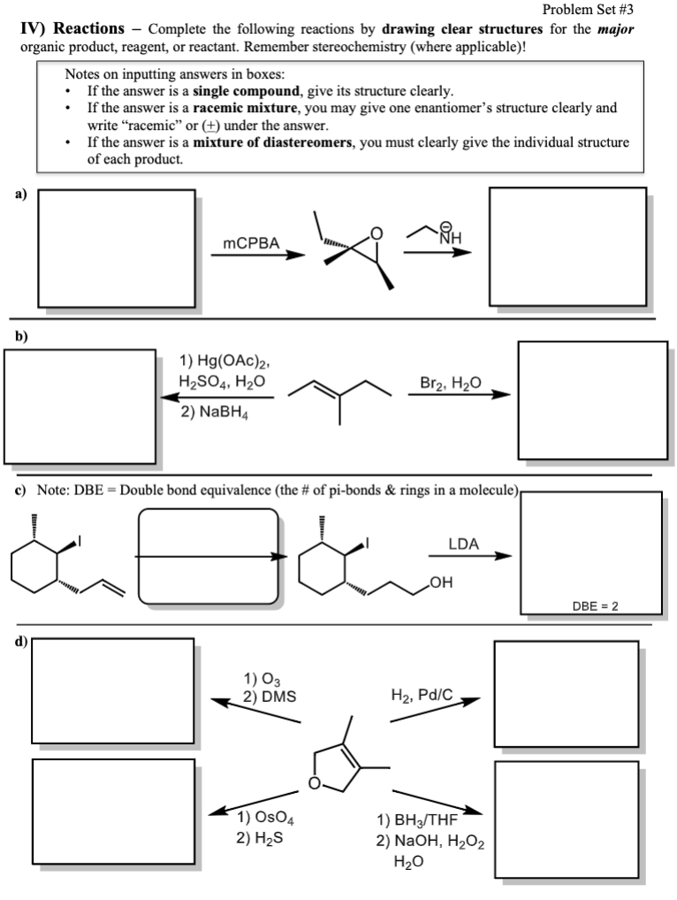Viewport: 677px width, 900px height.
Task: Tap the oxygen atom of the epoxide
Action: [x=377, y=234]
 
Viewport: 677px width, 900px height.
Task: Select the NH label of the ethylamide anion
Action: [x=451, y=236]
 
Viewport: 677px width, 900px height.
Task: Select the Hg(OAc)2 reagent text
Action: [x=224, y=361]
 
